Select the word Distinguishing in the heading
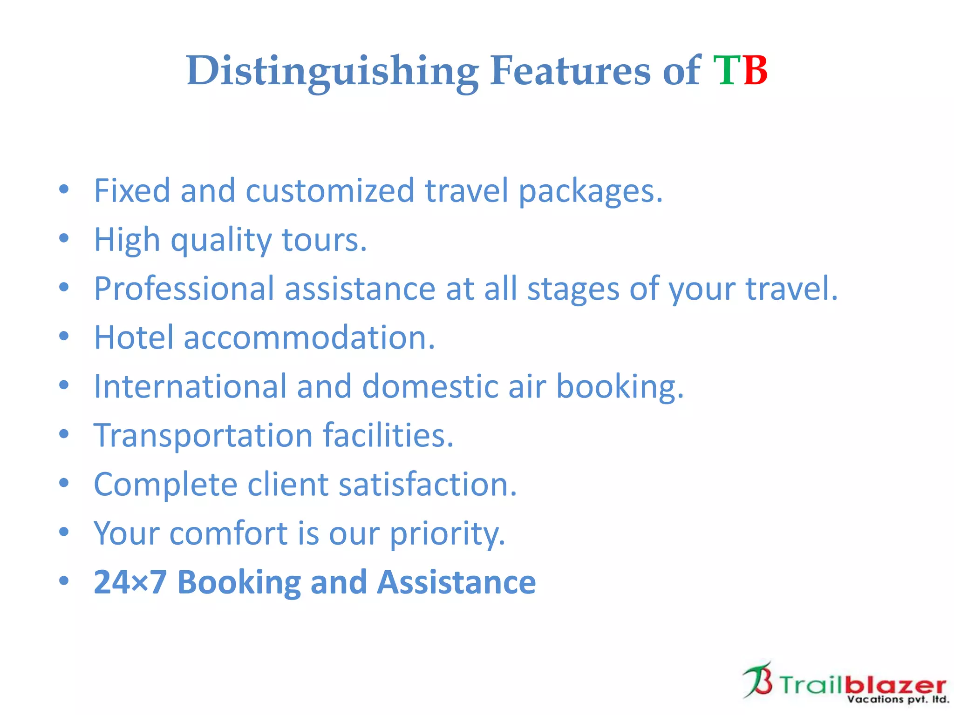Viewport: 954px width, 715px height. click(x=332, y=71)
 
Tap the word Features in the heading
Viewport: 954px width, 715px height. click(x=571, y=71)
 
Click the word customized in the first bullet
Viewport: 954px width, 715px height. click(x=329, y=191)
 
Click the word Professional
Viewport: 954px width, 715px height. click(x=184, y=289)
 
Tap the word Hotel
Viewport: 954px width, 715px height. click(x=134, y=337)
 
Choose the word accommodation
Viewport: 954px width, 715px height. click(x=309, y=337)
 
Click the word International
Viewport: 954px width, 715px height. click(x=190, y=386)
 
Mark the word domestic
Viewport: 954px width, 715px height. click(x=430, y=386)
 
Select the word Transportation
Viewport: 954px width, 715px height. click(x=203, y=436)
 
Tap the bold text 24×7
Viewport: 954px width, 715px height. click(x=130, y=582)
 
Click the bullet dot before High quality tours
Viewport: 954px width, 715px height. click(x=64, y=238)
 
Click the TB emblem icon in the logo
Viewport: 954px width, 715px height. click(x=758, y=680)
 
